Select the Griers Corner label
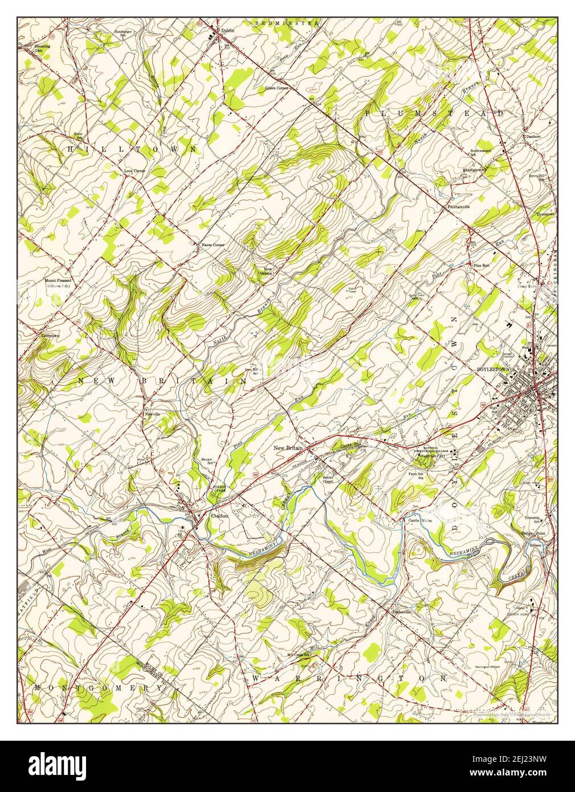(x=276, y=88)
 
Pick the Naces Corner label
(x=212, y=245)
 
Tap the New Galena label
(x=268, y=271)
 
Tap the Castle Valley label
(x=419, y=520)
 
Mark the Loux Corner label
(x=135, y=170)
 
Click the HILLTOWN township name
(x=132, y=149)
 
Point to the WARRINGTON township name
(x=349, y=679)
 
